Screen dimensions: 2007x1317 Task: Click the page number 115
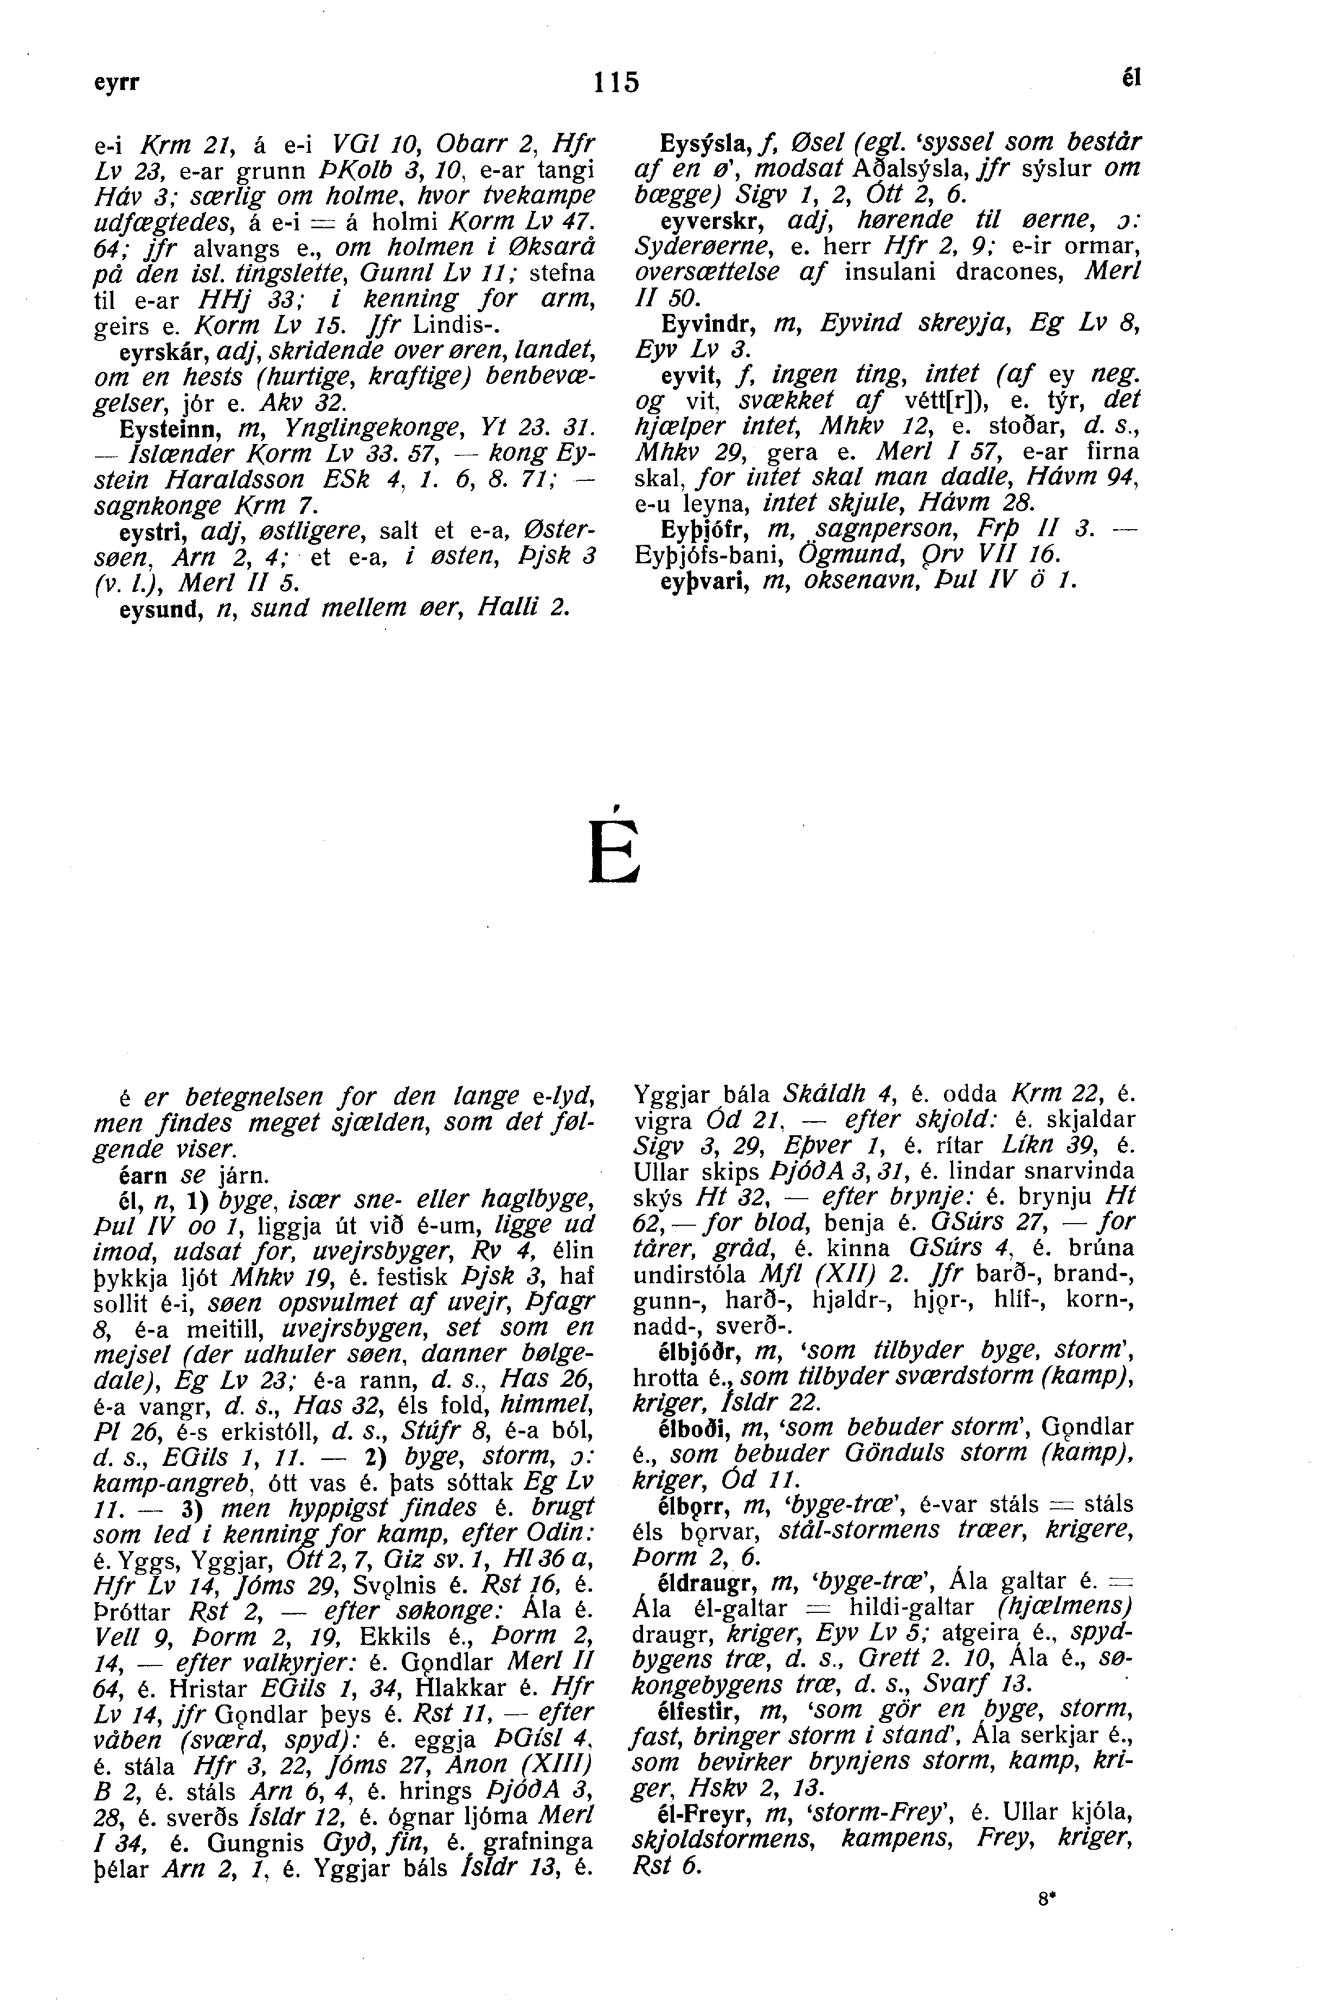pyautogui.click(x=617, y=82)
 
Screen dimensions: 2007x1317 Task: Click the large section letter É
pyautogui.click(x=615, y=847)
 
